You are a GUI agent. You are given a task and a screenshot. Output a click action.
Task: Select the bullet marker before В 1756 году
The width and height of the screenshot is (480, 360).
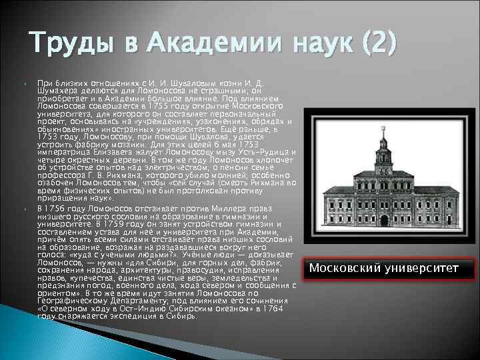[27, 208]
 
